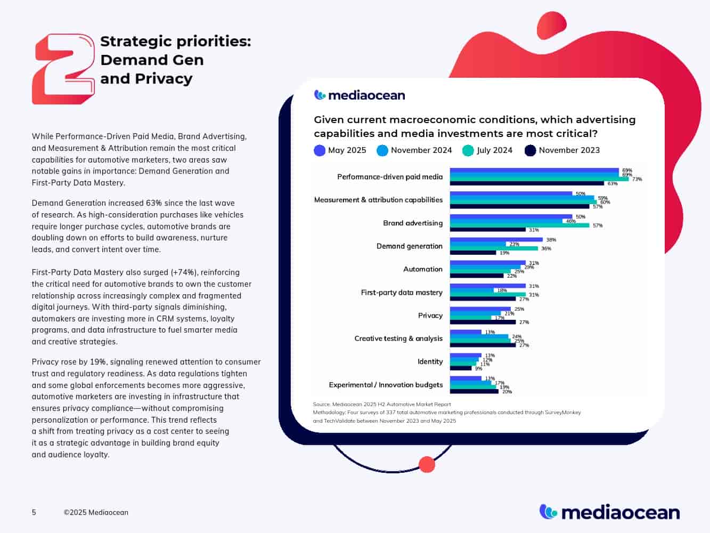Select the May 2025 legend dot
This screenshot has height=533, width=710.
tap(320, 150)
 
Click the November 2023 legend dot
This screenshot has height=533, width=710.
tap(530, 150)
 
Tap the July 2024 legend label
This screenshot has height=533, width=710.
tap(494, 150)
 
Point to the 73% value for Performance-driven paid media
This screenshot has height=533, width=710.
tap(637, 179)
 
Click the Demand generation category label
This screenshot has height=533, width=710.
tap(409, 246)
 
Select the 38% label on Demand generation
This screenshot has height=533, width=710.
tap(551, 240)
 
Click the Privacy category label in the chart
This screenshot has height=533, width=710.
tap(430, 316)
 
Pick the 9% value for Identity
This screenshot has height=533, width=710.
tap(478, 368)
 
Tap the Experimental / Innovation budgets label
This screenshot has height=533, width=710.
tap(386, 385)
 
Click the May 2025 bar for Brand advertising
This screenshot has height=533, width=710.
tap(511, 217)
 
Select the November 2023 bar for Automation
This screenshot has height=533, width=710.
tap(477, 276)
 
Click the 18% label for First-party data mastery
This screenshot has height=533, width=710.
tap(501, 290)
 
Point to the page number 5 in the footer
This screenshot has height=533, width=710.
tap(34, 513)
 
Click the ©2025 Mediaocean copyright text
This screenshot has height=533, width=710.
tap(96, 513)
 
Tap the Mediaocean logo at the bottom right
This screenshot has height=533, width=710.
tap(609, 512)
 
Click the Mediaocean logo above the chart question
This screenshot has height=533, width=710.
tap(360, 95)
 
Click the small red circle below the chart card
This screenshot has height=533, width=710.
tap(427, 464)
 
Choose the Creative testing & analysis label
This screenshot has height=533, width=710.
tap(398, 338)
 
